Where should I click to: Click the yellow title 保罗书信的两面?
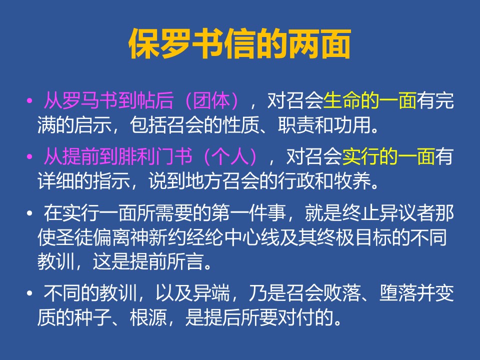(x=239, y=44)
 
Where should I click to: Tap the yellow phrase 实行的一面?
(x=388, y=156)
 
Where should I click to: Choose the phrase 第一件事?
(x=248, y=213)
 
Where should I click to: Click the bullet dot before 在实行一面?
(x=29, y=213)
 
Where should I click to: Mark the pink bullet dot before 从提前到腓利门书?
(x=29, y=156)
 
